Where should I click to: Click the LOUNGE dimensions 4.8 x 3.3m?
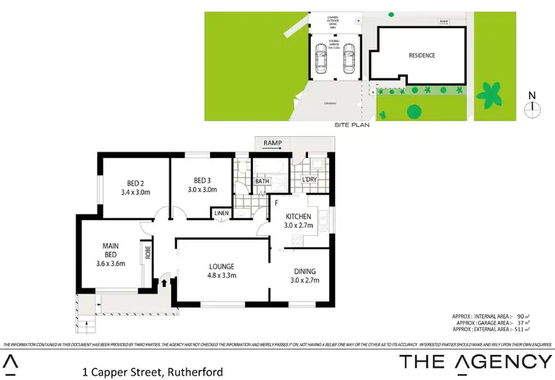[x=221, y=276]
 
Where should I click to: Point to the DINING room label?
[x=305, y=271]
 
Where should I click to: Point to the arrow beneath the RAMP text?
[x=272, y=148]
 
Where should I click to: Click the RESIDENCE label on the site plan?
[x=421, y=55]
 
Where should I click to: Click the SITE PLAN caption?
[x=351, y=126]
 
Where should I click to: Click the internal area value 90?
[x=522, y=316]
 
